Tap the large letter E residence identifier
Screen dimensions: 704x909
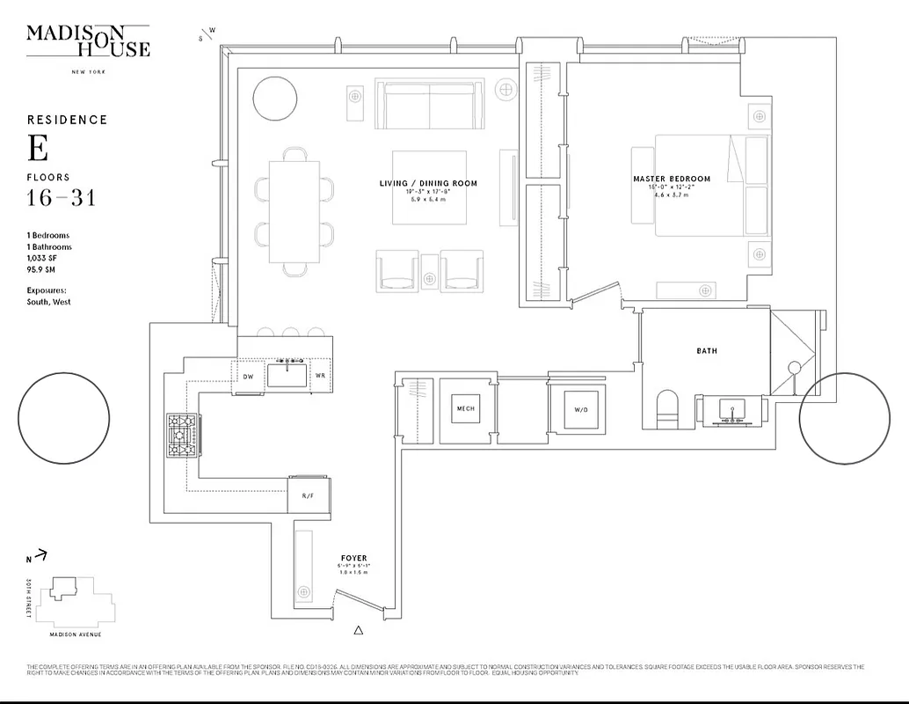coord(37,149)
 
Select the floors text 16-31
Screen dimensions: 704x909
coord(61,198)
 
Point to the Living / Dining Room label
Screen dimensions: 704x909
coord(428,183)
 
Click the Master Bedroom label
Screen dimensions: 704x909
coord(672,179)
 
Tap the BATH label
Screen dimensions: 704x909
coord(707,351)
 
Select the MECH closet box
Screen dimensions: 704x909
coord(465,408)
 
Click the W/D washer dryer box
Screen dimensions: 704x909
coord(576,409)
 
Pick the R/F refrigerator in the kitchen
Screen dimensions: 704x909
coord(309,495)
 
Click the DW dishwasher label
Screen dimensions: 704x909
coord(248,377)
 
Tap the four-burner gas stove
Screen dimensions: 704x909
coord(183,436)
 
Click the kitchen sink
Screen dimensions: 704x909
coord(287,375)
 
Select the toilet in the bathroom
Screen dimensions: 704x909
coord(669,410)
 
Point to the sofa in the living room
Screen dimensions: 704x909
coord(429,104)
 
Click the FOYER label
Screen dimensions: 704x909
coord(354,558)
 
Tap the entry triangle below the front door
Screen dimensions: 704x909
coord(358,630)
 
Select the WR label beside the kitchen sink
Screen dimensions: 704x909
coord(321,377)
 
